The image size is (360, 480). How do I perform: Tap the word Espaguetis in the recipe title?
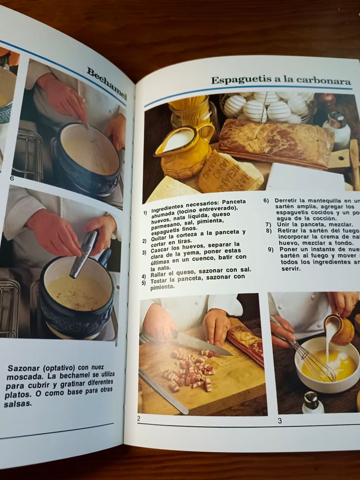pos(238,80)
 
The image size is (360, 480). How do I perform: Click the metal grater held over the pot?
pos(84,254)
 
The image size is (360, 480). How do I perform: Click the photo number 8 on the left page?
pos(116,344)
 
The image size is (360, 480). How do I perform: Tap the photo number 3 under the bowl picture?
pos(280,420)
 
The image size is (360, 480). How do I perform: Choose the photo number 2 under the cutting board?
pos(139,418)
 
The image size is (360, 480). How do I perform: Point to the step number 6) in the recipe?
pos(266,200)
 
